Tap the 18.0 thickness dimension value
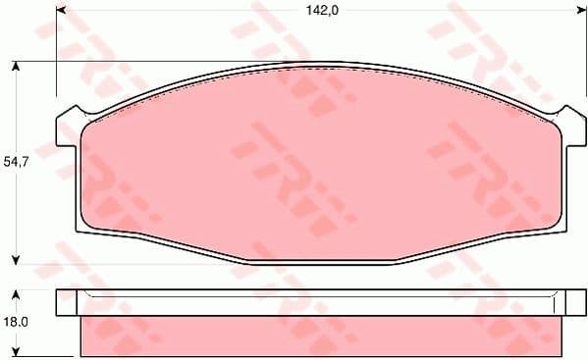click(17, 321)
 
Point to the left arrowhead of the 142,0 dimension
click(61, 12)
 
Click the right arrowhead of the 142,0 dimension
click(569, 12)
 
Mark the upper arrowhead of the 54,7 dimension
click(17, 67)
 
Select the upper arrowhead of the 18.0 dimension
click(17, 294)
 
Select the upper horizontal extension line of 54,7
click(147, 61)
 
